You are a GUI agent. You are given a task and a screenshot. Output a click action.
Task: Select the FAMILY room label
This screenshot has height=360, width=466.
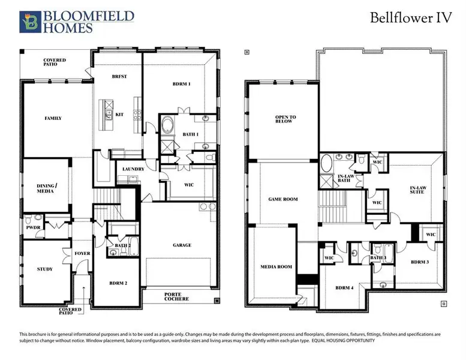pyautogui.click(x=53, y=118)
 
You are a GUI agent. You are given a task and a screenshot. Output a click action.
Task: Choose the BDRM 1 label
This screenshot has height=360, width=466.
pyautogui.click(x=181, y=84)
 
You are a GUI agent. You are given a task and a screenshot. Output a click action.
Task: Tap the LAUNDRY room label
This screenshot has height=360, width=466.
pyautogui.click(x=133, y=169)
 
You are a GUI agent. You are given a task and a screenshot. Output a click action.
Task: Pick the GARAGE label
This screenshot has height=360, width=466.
pyautogui.click(x=182, y=245)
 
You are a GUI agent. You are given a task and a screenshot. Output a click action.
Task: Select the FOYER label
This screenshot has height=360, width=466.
pyautogui.click(x=82, y=253)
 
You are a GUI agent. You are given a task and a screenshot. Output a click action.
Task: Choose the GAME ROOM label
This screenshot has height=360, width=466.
pyautogui.click(x=282, y=199)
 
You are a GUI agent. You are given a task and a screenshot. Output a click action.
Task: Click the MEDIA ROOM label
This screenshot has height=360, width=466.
pyautogui.click(x=276, y=266)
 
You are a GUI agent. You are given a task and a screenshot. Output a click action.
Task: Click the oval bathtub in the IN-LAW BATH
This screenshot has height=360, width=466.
pyautogui.click(x=327, y=163)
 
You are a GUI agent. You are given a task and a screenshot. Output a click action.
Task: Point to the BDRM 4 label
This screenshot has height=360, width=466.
pyautogui.click(x=344, y=287)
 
